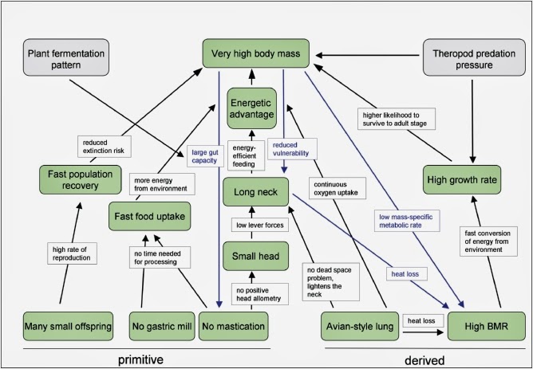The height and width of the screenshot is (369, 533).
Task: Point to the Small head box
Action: click(x=254, y=256)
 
